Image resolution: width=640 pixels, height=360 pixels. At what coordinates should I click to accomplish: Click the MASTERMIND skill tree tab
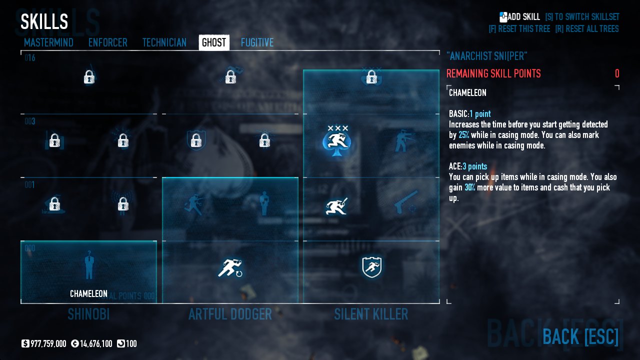click(x=48, y=42)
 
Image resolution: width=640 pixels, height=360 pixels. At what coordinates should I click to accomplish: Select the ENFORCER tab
click(x=107, y=42)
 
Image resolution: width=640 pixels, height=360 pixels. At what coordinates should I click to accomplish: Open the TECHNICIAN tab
click(x=164, y=42)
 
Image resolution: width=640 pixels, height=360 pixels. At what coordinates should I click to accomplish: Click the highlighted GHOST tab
click(x=214, y=42)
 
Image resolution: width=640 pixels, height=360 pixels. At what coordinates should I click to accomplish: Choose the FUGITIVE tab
click(x=257, y=42)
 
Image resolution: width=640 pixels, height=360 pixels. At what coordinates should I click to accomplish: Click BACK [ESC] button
click(x=580, y=336)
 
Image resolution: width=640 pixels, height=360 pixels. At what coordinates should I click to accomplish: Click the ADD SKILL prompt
click(x=520, y=17)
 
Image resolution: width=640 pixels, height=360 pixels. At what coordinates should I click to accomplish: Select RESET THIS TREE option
click(x=519, y=29)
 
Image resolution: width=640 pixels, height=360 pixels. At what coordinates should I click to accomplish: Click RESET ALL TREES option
click(x=586, y=29)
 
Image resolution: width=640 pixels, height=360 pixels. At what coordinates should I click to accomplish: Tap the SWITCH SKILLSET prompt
click(x=582, y=17)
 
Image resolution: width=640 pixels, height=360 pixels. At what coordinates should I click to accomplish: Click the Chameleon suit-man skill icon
click(x=89, y=265)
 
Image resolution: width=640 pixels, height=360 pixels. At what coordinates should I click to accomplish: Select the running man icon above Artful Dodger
click(x=230, y=268)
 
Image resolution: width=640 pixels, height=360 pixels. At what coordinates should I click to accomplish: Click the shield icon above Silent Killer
click(x=371, y=267)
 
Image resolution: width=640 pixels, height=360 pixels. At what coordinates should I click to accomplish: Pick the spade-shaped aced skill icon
click(x=337, y=140)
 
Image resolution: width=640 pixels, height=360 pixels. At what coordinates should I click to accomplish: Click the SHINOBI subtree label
click(x=88, y=314)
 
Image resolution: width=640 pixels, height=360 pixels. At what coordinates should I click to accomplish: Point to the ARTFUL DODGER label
click(x=230, y=314)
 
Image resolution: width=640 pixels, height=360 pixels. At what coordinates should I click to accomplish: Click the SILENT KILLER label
click(x=371, y=314)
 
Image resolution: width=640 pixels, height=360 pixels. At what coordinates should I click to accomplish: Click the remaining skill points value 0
click(x=617, y=74)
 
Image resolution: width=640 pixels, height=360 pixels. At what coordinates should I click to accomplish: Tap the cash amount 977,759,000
click(x=48, y=344)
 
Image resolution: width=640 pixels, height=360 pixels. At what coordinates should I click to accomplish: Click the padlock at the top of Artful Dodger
click(x=230, y=77)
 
